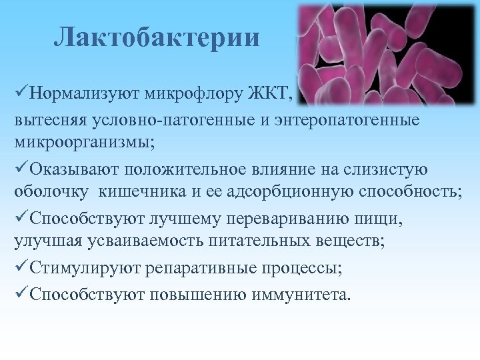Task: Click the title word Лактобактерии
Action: pos(157,37)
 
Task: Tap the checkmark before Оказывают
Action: pos(21,168)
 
